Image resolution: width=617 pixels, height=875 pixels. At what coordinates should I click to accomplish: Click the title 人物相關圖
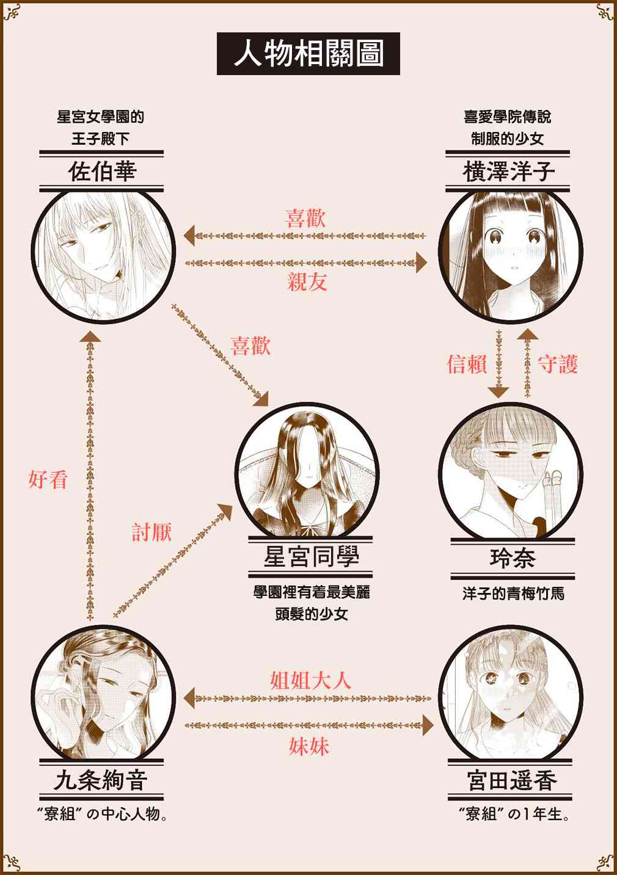pyautogui.click(x=308, y=54)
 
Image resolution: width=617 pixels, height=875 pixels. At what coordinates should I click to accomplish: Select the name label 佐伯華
pyautogui.click(x=102, y=171)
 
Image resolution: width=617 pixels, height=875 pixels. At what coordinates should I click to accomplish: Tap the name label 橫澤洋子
pyautogui.click(x=508, y=171)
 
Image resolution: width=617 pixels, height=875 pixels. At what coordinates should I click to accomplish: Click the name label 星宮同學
pyautogui.click(x=311, y=556)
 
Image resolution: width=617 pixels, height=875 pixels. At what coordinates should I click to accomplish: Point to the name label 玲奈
pyautogui.click(x=513, y=558)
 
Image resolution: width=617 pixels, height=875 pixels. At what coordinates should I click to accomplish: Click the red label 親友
pyautogui.click(x=307, y=281)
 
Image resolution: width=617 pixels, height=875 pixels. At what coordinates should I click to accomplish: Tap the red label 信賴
pyautogui.click(x=467, y=364)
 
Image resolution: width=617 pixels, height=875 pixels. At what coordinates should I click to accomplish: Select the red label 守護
pyautogui.click(x=558, y=364)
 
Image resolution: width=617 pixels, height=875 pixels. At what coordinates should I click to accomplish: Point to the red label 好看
pyautogui.click(x=48, y=479)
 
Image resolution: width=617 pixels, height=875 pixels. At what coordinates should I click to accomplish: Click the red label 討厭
pyautogui.click(x=152, y=532)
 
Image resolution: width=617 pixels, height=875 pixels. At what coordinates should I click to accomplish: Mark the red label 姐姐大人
pyautogui.click(x=311, y=680)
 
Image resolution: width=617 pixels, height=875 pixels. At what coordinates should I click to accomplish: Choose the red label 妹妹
pyautogui.click(x=309, y=746)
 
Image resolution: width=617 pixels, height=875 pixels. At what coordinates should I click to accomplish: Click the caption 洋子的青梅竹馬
pyautogui.click(x=513, y=594)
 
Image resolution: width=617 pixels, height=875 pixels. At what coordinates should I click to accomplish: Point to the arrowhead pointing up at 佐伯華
pyautogui.click(x=90, y=336)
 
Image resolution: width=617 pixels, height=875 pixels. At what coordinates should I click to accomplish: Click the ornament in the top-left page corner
pyautogui.click(x=11, y=12)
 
